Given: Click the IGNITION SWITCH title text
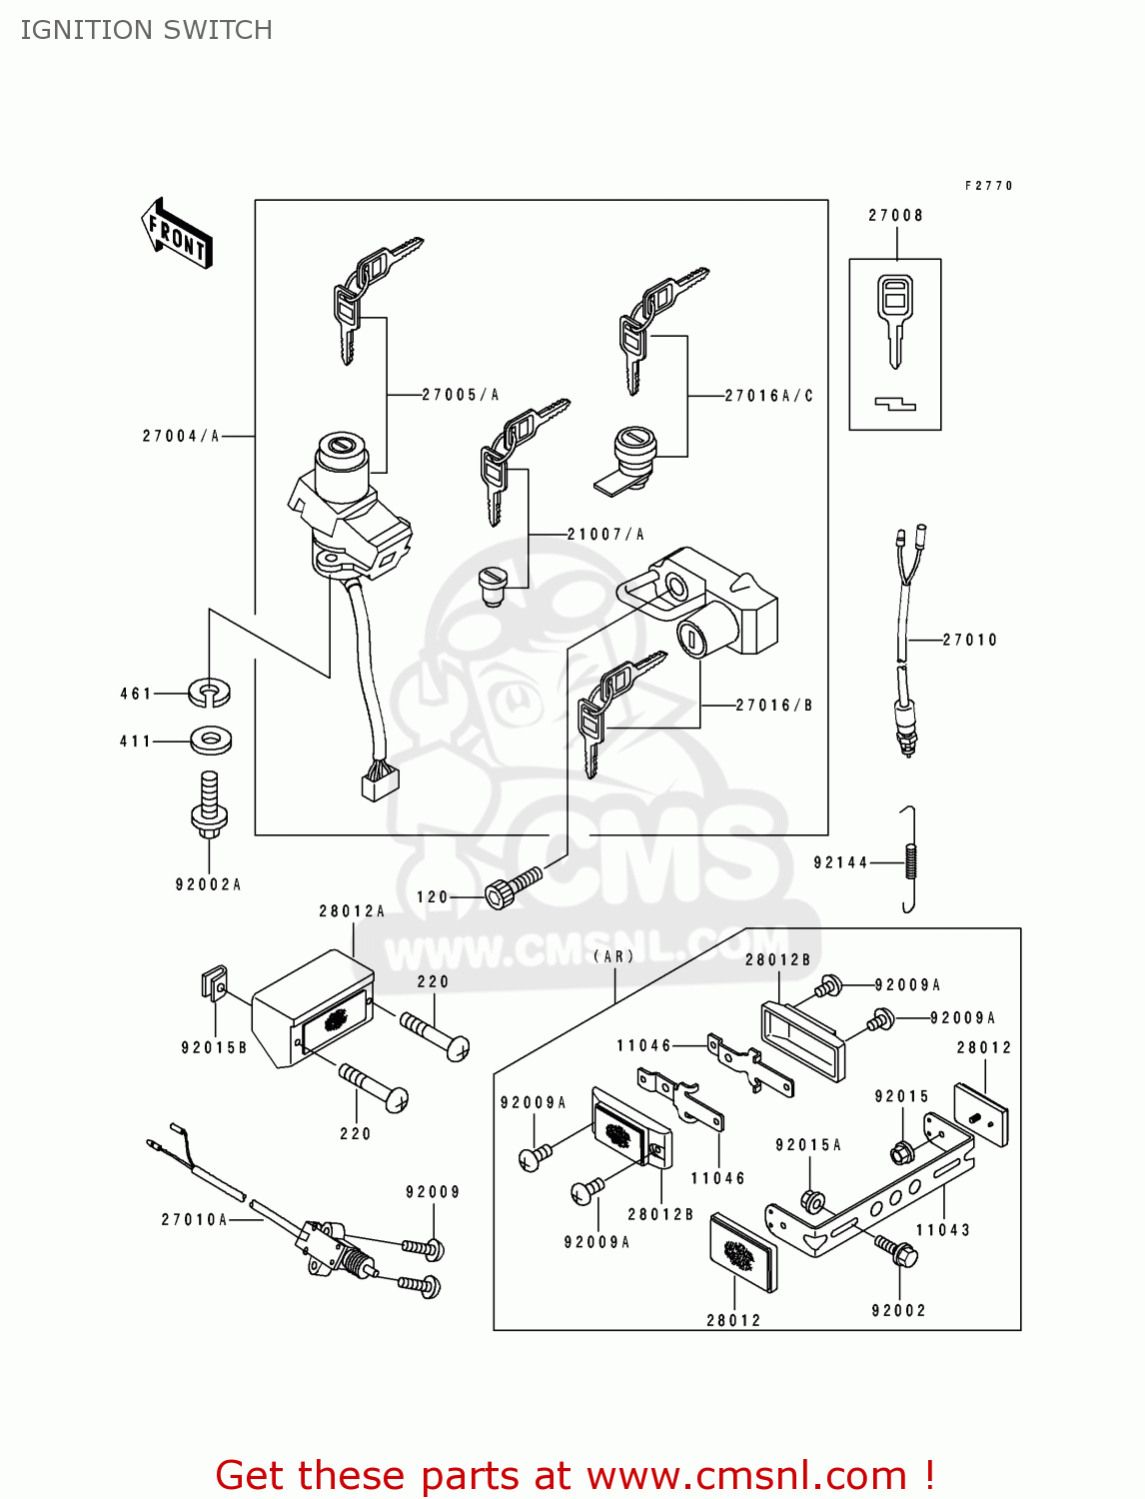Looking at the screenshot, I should [x=146, y=30].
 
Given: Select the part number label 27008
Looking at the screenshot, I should [x=895, y=215].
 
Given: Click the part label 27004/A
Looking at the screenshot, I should [x=181, y=436].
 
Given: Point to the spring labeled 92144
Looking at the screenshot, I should [x=910, y=860].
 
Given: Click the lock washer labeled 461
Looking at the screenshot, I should [x=209, y=691].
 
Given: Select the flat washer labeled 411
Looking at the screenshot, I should [x=210, y=741].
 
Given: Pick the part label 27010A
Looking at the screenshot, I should [x=195, y=1219].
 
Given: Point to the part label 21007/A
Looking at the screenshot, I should [x=605, y=535].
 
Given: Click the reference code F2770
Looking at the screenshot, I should [x=988, y=186].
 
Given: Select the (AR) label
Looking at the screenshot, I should [x=613, y=956].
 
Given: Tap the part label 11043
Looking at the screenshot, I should [x=943, y=1230].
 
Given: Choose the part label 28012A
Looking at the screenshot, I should [x=352, y=911].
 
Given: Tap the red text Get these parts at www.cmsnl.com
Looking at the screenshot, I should [x=574, y=1475].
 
